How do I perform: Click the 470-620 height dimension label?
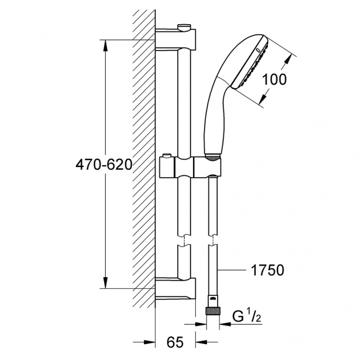pos(104,165)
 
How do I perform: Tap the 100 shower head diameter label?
pos(274,79)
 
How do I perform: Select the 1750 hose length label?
pos(268,270)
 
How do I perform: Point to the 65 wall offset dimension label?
pos(175,342)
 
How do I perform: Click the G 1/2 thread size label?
pos(247,316)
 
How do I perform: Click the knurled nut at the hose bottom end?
pos(213,312)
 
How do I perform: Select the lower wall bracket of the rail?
pos(176,289)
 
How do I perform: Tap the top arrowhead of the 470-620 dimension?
pos(105,46)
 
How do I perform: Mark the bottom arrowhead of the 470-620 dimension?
pos(105,282)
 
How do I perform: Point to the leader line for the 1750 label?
pos(231,270)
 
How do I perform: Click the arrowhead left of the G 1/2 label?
pos(225,324)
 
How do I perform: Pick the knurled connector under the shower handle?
pos(212,158)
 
